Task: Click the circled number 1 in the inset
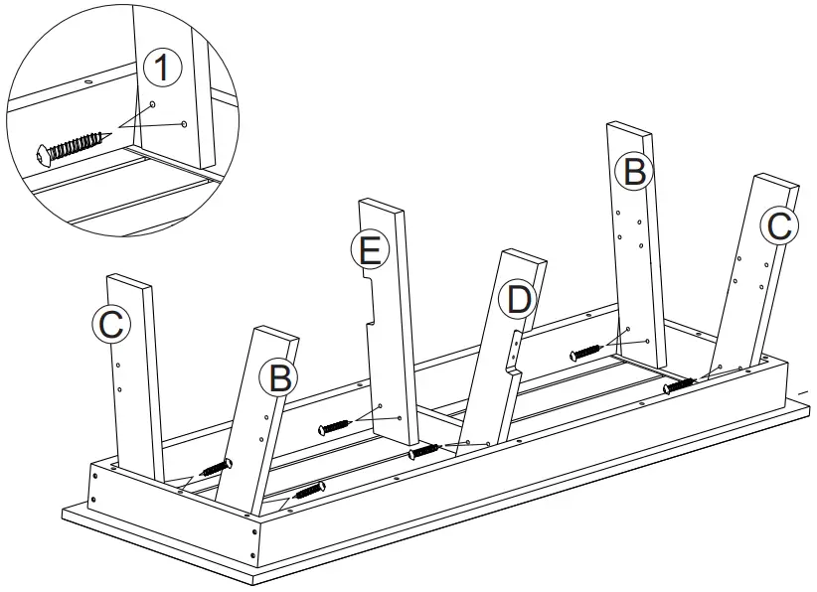[163, 69]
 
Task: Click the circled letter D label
[517, 298]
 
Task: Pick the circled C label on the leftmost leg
[111, 323]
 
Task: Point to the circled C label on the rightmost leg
[779, 225]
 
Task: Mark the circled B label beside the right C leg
[633, 172]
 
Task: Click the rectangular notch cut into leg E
[371, 303]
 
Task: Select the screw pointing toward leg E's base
[336, 427]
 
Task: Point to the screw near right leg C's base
[680, 383]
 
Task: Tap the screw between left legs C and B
[217, 466]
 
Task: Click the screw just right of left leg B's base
[309, 489]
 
